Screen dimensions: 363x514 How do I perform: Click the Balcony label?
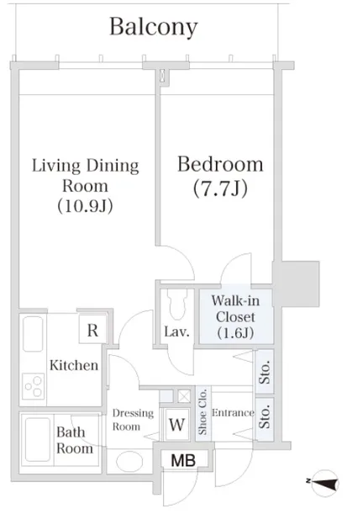pos(153,27)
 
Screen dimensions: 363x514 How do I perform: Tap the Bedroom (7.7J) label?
pos(220,176)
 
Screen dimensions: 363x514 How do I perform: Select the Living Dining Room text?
pos(85,175)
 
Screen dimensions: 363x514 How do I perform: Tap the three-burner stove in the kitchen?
pos(33,386)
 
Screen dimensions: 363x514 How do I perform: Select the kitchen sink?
pos(33,334)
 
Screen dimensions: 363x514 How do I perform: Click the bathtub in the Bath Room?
pos(37,440)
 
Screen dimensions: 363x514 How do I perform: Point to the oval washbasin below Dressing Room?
pos(129,462)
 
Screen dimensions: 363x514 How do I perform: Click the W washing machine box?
pos(176,425)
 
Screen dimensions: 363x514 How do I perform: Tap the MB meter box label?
pos(183,460)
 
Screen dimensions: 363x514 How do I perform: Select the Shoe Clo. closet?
pos(203,413)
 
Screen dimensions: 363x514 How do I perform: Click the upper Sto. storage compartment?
pos(265,372)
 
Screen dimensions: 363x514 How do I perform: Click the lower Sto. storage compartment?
pos(265,419)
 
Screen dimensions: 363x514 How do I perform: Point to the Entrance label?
pos(233,412)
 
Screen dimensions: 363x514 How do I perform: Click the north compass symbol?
pos(324,483)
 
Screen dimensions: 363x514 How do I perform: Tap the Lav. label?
pos(176,331)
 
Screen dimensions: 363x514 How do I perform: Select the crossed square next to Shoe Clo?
pos(184,396)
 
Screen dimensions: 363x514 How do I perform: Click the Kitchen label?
pos(74,365)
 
